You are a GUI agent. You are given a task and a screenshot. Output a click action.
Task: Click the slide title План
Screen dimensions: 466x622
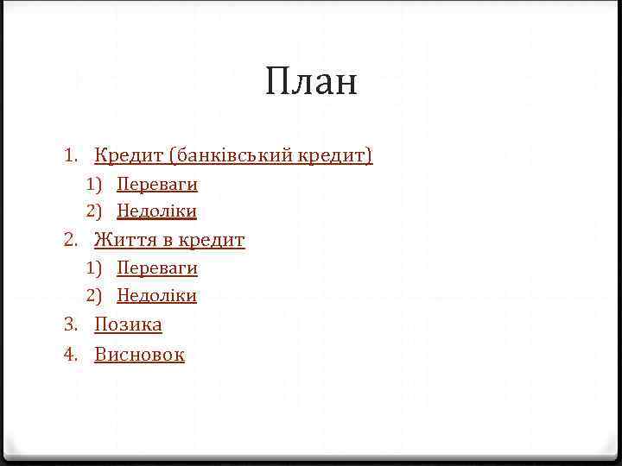point(311,84)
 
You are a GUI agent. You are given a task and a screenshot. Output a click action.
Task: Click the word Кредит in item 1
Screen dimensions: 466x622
point(130,155)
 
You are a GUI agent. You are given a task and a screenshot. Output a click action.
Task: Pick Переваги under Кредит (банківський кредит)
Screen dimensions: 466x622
point(157,184)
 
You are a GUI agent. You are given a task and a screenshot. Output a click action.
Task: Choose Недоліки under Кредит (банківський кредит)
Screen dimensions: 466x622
point(157,211)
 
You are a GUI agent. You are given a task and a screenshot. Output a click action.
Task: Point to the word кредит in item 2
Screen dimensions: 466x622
point(212,240)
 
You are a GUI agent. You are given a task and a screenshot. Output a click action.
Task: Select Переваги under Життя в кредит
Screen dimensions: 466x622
point(157,268)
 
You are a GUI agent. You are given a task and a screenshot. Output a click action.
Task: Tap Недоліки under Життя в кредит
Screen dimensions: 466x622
point(157,295)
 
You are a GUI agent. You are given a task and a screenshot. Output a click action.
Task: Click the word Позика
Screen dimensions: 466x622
point(128,324)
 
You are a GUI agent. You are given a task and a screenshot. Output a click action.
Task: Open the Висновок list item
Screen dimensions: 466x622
point(139,354)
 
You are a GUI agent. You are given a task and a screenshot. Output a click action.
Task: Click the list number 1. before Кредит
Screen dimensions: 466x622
point(72,156)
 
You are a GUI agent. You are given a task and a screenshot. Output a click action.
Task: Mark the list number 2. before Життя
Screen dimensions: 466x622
point(72,240)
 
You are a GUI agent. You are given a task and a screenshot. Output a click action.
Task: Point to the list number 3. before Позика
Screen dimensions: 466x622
point(72,324)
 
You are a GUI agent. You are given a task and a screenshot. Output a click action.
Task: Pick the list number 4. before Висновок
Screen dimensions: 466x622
point(72,354)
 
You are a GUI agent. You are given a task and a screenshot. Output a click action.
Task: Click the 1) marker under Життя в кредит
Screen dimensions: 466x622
point(93,268)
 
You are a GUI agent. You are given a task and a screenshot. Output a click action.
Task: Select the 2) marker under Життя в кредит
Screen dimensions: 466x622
point(93,295)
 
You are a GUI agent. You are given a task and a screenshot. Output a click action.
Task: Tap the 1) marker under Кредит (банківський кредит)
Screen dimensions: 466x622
point(93,184)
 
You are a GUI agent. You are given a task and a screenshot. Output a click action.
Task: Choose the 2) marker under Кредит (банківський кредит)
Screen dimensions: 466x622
point(93,211)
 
